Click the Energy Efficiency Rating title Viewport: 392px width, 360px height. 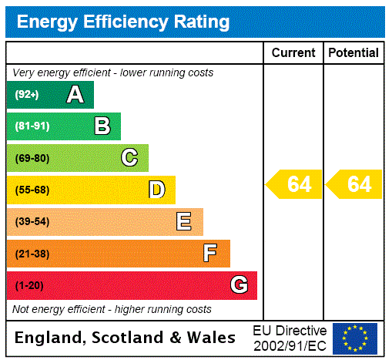click(123, 22)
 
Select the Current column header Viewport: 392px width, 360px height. click(293, 53)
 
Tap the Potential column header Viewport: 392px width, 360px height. click(353, 53)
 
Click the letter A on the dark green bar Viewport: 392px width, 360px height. click(75, 95)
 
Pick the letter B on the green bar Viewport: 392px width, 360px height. click(102, 126)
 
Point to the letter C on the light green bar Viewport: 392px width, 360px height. click(129, 158)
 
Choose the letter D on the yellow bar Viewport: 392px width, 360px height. click(156, 190)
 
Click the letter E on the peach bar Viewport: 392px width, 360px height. click(184, 222)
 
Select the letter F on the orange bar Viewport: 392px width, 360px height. click(209, 254)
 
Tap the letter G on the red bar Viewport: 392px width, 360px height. click(239, 285)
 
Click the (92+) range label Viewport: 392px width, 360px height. click(27, 95)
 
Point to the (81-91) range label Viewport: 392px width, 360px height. click(32, 126)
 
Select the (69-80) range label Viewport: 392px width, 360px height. click(32, 158)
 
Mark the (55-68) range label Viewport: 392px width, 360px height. click(32, 190)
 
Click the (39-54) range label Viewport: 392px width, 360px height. click(32, 222)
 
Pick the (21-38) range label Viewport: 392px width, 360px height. click(32, 254)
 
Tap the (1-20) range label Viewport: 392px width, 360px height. click(29, 285)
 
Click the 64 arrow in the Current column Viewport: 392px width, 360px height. click(294, 185)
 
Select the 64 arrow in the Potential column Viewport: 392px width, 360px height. click(354, 185)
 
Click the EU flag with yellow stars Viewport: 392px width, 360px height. click(355, 338)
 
